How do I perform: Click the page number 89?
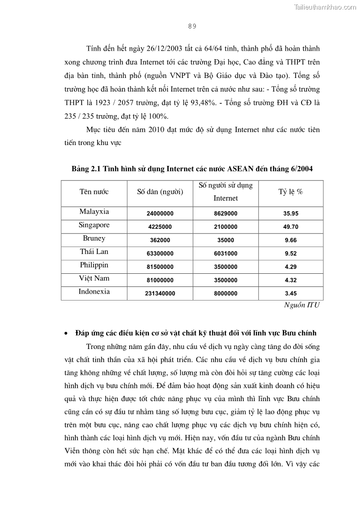pyautogui.click(x=192, y=26)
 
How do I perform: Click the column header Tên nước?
pyautogui.click(x=94, y=192)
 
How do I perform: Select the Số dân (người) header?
pyautogui.click(x=160, y=192)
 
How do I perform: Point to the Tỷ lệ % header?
pyautogui.click(x=291, y=192)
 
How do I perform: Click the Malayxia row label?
pyautogui.click(x=94, y=212)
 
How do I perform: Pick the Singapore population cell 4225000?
pyautogui.click(x=160, y=227)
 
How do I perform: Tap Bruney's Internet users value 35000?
pyautogui.click(x=225, y=240)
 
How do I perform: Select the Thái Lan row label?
pyautogui.click(x=94, y=252)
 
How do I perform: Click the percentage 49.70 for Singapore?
pyautogui.click(x=291, y=227)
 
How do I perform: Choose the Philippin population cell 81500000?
pyautogui.click(x=160, y=267)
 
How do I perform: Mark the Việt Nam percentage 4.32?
pyautogui.click(x=291, y=280)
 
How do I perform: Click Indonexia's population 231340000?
pyautogui.click(x=160, y=294)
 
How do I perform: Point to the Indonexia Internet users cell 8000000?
pyautogui.click(x=225, y=294)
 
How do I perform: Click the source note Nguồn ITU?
pyautogui.click(x=302, y=305)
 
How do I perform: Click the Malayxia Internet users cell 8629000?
pyautogui.click(x=225, y=213)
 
